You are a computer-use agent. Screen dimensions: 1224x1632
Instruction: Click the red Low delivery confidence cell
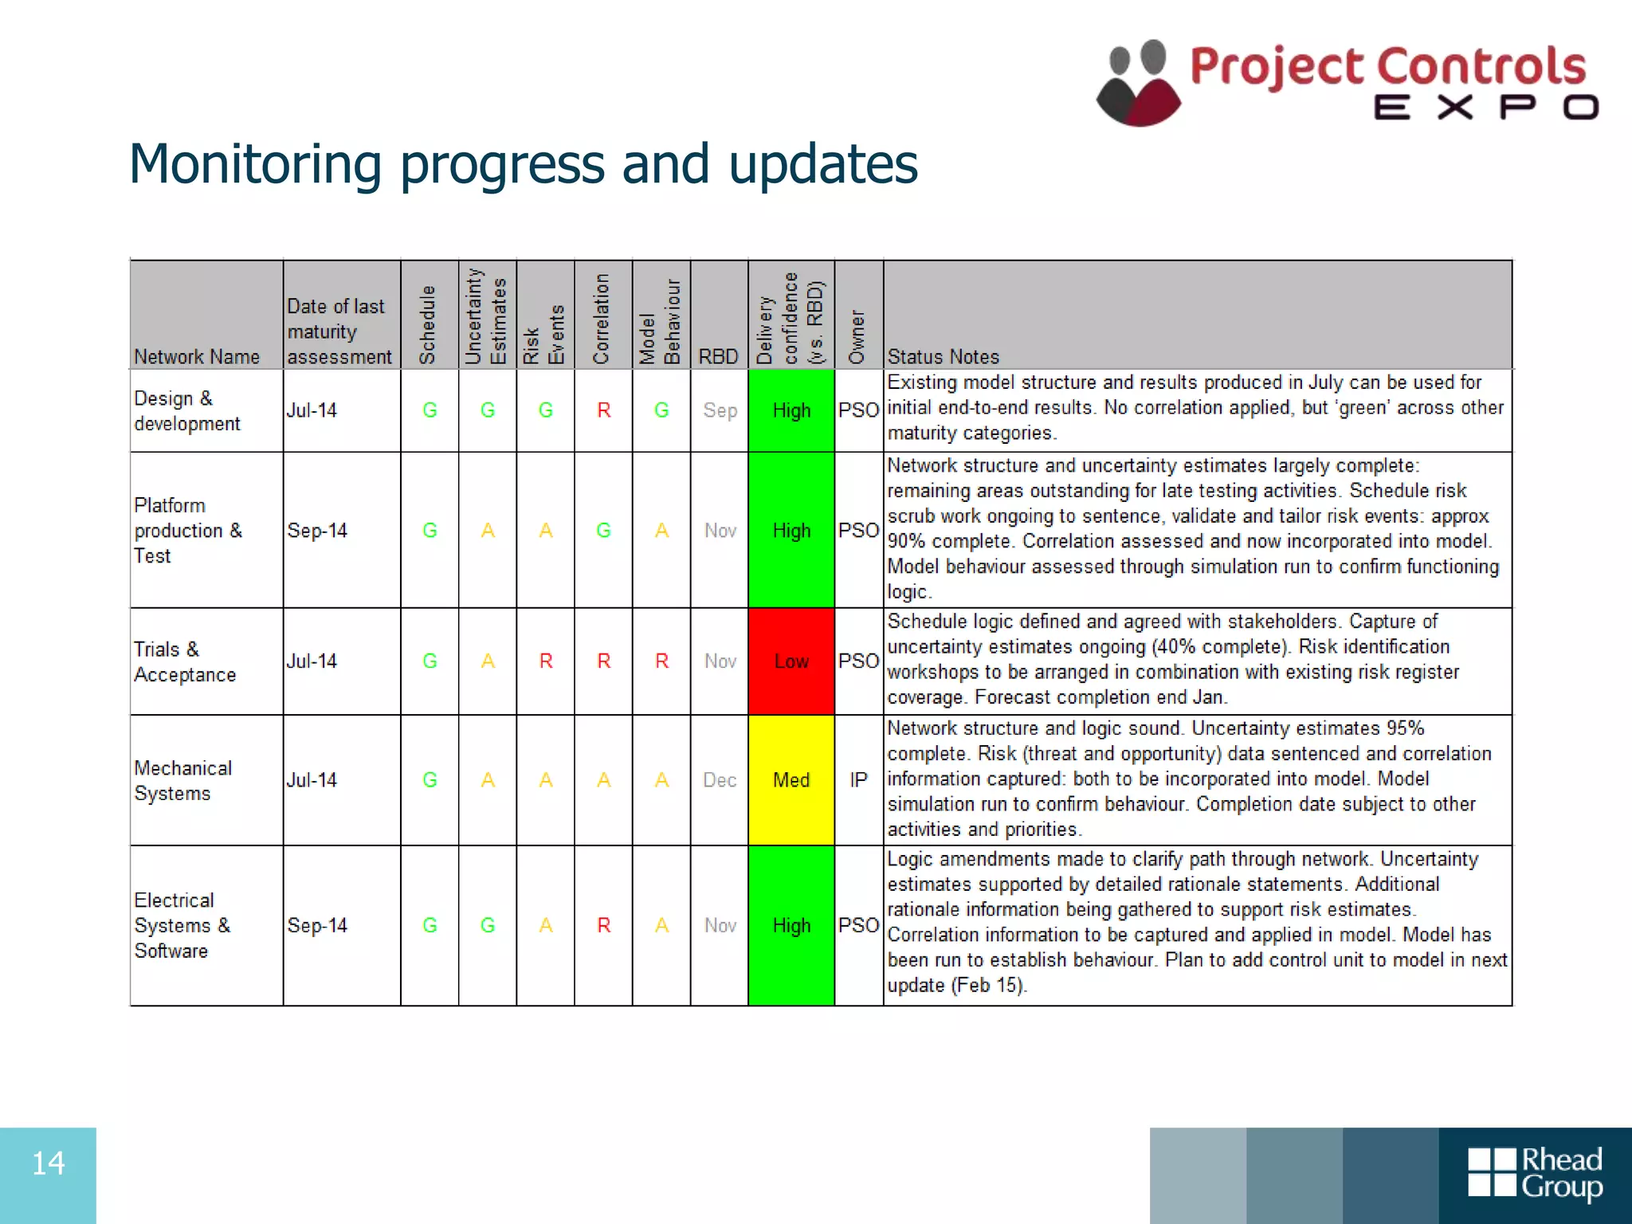[x=791, y=661]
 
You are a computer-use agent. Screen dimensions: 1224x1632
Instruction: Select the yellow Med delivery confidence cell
[x=791, y=780]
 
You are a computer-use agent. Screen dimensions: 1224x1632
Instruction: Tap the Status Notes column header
[x=943, y=357]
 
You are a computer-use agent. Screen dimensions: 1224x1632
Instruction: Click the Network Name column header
[x=197, y=357]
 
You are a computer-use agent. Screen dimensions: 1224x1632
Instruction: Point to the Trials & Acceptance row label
[x=185, y=661]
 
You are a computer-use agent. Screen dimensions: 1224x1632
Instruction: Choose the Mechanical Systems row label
[x=183, y=780]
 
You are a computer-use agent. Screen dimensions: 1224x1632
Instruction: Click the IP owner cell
[x=858, y=780]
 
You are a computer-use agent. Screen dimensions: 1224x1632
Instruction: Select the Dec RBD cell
[x=720, y=780]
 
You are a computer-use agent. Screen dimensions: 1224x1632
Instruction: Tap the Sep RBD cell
[x=720, y=410]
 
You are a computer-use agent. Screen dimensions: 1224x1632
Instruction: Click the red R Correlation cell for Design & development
[x=604, y=410]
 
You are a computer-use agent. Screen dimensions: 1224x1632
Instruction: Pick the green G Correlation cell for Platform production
[x=604, y=531]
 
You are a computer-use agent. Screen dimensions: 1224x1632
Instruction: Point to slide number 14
[x=48, y=1163]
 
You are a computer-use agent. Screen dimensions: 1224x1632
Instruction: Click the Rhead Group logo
[x=1535, y=1173]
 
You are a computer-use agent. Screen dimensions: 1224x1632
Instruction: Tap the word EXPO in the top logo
[x=1485, y=108]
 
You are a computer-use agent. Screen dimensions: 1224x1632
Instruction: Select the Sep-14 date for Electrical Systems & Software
[x=317, y=925]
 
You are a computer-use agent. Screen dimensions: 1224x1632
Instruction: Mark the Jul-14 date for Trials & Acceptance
[x=312, y=661]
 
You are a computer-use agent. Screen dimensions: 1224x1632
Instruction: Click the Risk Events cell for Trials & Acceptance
[x=546, y=661]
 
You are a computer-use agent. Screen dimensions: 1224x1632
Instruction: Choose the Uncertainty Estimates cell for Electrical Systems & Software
[x=488, y=925]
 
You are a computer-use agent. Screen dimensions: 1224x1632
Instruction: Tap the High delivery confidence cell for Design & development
[x=791, y=410]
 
